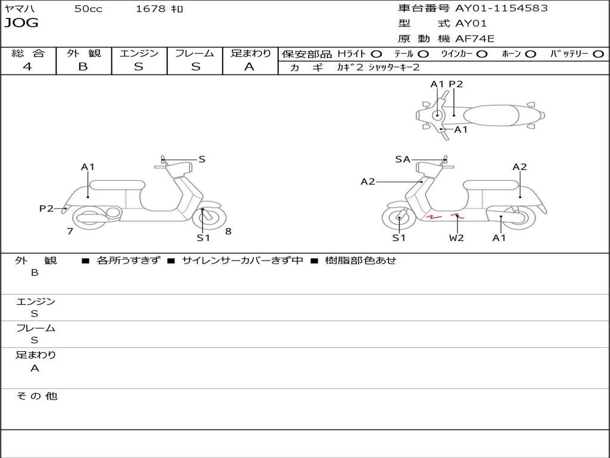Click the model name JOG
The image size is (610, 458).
coord(21,23)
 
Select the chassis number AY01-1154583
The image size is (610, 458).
coord(502,8)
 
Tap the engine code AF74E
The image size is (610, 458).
coord(475,39)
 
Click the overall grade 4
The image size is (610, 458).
coord(27,67)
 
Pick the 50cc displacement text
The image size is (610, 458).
coord(88,9)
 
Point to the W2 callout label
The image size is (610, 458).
coord(456,237)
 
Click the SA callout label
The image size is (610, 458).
coord(403,159)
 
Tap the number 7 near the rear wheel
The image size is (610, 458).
coord(70,231)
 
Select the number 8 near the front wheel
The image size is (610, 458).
coord(228,231)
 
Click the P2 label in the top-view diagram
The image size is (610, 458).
coord(456,84)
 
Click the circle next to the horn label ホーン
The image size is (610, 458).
coord(530,54)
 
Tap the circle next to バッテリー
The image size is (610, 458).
coord(598,54)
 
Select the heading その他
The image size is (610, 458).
coord(36,396)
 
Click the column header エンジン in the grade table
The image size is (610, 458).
coord(139,53)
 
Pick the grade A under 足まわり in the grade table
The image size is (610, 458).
coord(250,67)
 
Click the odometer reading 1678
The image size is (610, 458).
coord(151,8)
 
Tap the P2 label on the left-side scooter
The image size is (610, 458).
coord(46,209)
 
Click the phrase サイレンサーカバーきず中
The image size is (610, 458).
coord(242,260)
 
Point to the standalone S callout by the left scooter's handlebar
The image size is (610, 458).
coord(201,159)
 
